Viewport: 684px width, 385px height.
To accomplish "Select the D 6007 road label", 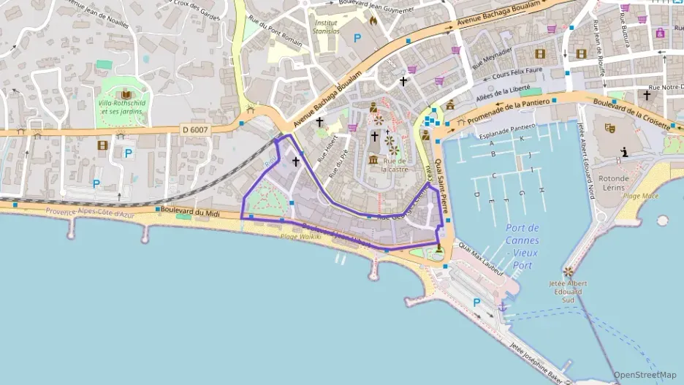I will click(195, 129).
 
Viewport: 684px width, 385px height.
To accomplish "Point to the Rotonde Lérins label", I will click(613, 183).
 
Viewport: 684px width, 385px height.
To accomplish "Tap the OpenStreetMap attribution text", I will click(645, 375).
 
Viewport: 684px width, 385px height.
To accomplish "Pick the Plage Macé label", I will click(641, 196).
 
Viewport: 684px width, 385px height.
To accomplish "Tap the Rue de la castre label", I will click(395, 164).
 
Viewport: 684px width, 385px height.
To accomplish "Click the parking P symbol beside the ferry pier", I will click(477, 302).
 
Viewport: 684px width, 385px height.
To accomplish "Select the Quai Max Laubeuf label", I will click(482, 260).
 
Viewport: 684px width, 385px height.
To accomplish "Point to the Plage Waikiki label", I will click(301, 237).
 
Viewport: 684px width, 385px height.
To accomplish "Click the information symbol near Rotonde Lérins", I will click(625, 152).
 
